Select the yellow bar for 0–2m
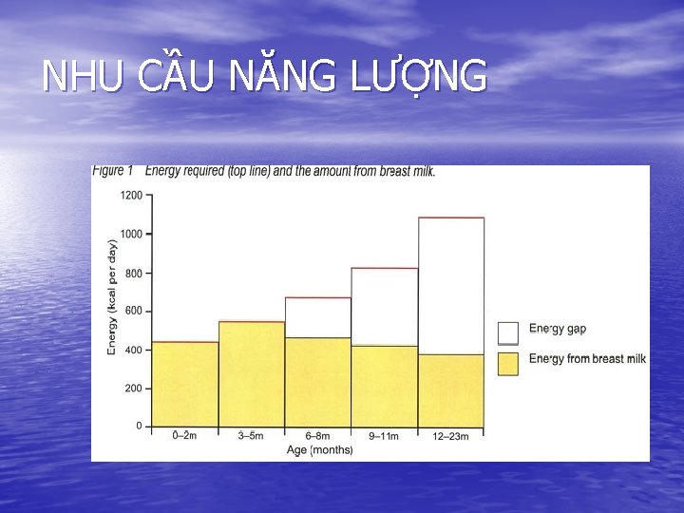(185, 384)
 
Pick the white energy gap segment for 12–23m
(451, 286)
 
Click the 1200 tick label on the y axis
(131, 196)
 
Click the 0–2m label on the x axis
(184, 436)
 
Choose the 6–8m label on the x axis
(317, 436)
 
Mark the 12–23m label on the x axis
(451, 436)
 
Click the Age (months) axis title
(319, 450)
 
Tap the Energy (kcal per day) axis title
(112, 297)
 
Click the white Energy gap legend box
(508, 331)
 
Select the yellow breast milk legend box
(508, 361)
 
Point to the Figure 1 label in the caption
(113, 171)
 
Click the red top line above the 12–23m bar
(451, 218)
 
